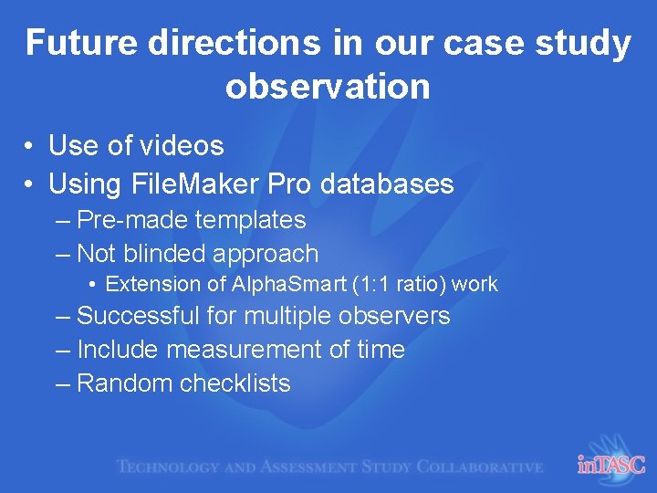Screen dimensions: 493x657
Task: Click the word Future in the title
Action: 75,43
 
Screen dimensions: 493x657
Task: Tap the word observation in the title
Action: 328,86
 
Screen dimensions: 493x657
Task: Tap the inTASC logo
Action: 610,465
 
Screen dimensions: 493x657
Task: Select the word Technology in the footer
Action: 167,467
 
